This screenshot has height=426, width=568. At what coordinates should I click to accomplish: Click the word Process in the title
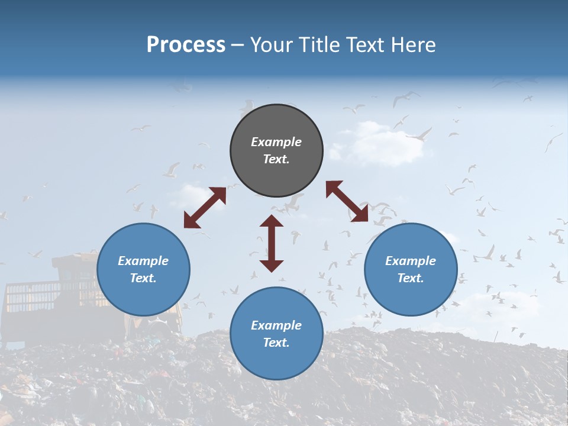point(186,45)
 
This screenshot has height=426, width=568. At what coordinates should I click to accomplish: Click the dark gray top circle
point(276,151)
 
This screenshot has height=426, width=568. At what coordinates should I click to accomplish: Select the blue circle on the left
point(143,270)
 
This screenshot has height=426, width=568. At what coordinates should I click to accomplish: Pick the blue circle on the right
point(411,270)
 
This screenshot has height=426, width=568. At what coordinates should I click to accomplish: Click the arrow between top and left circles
point(205,208)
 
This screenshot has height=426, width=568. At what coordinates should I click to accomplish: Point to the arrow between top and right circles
point(347,201)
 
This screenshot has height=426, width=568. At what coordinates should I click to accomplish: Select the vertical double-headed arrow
point(272,243)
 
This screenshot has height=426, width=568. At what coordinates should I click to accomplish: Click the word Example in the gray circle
point(276,142)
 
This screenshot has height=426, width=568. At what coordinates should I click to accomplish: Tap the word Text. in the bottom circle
point(276,343)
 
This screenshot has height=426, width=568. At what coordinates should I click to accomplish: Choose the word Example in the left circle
point(143,261)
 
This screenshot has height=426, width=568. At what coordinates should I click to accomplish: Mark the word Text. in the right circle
point(411,278)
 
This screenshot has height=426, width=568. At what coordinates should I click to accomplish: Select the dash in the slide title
point(238,46)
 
